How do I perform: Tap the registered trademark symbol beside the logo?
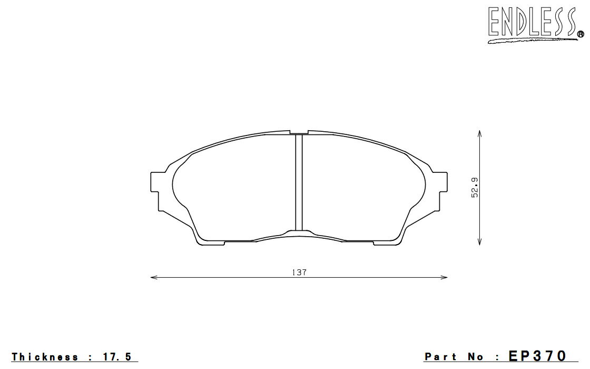pos(581,34)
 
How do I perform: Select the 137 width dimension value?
pos(299,272)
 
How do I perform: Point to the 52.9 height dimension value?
pos(475,188)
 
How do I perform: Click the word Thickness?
pos(45,356)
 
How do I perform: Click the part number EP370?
pos(537,355)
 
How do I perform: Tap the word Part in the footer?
pos(440,356)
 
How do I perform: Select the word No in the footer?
pos(476,356)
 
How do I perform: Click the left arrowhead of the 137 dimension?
pos(153,278)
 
